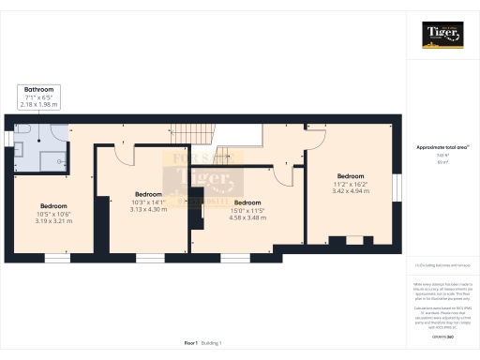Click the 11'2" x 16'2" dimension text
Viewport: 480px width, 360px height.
[x=351, y=184]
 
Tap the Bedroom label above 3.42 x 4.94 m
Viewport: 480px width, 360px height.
[x=351, y=176]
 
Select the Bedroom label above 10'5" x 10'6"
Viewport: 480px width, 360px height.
[x=54, y=205]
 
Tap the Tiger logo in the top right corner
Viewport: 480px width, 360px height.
[x=442, y=36]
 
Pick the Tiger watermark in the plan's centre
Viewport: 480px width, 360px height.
[x=199, y=179]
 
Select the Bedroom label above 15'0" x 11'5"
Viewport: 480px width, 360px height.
[x=247, y=202]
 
